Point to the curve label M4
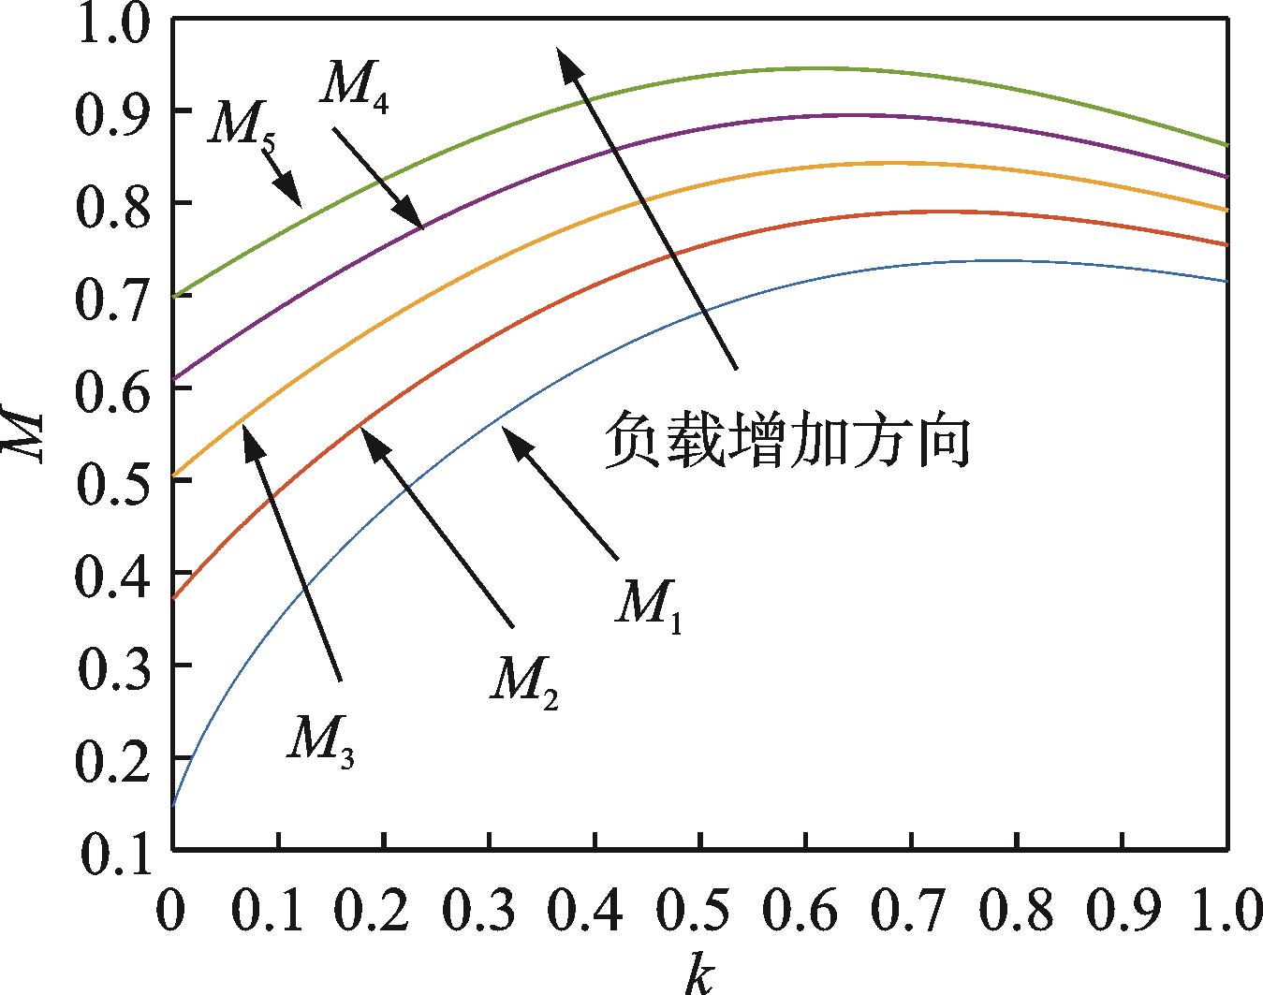355,86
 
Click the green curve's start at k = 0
174,296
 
